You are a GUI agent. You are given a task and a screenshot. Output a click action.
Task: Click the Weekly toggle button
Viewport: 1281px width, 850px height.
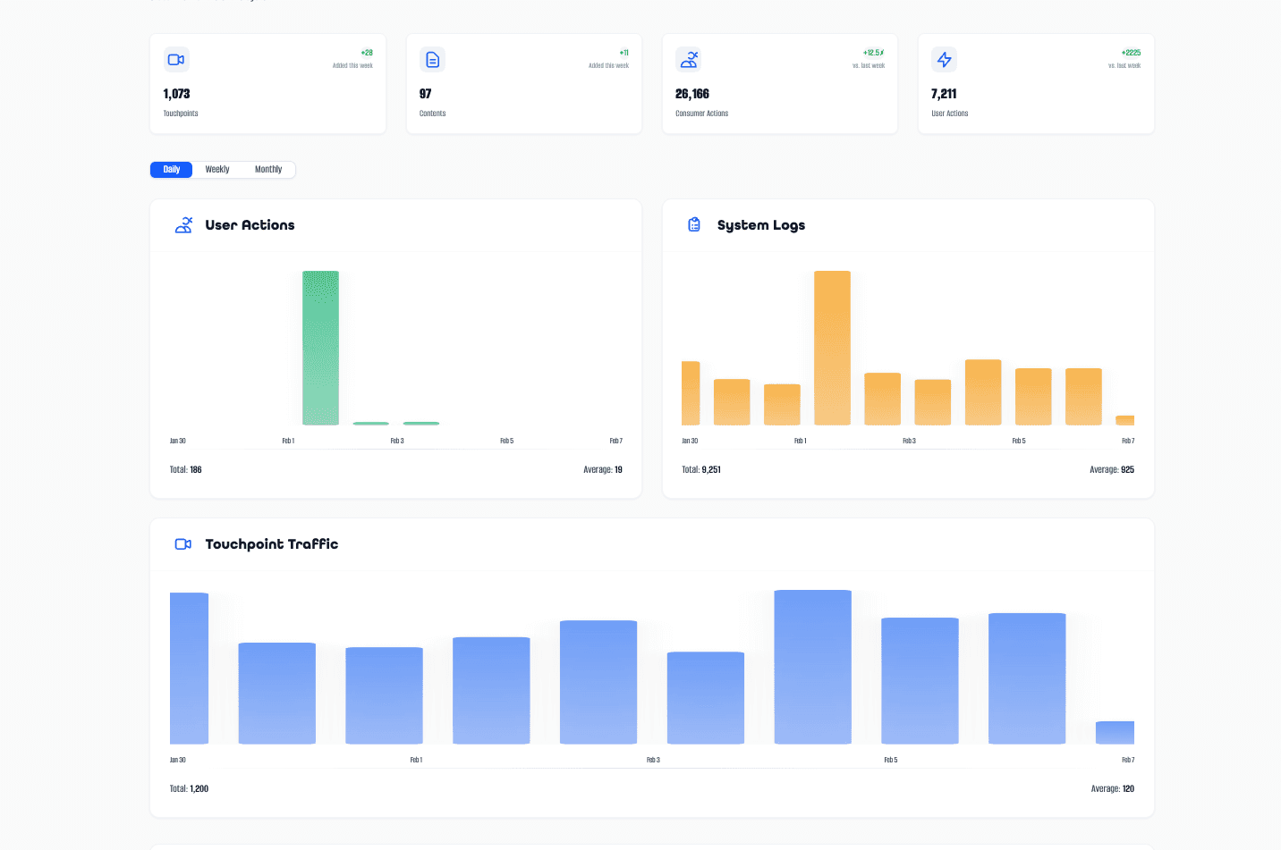217,170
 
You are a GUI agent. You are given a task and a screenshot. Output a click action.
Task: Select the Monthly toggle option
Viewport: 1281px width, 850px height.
268,170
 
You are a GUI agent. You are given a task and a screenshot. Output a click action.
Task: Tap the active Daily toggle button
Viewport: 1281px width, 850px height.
172,170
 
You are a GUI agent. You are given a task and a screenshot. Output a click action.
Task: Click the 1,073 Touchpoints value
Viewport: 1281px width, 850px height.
176,94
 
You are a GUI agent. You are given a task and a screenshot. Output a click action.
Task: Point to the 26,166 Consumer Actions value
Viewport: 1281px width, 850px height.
692,94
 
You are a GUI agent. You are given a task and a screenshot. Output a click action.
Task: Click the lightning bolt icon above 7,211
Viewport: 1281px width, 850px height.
944,60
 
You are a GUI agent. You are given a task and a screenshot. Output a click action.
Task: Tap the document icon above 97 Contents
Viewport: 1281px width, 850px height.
432,60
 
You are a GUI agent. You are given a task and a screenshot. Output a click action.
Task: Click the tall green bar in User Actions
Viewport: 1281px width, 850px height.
320,349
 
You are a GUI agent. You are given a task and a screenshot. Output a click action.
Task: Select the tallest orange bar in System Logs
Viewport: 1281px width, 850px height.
832,349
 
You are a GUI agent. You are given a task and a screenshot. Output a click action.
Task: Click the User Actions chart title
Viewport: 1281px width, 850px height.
250,225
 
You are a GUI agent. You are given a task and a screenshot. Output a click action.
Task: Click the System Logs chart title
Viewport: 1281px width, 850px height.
760,225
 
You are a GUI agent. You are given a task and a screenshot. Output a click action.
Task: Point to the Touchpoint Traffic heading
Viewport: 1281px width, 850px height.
271,544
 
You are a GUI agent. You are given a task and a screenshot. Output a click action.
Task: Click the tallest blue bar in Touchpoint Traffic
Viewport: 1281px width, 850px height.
812,667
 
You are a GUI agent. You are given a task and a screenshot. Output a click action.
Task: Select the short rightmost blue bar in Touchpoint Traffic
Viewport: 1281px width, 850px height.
1115,732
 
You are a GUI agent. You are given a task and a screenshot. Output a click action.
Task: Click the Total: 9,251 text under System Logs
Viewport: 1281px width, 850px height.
701,469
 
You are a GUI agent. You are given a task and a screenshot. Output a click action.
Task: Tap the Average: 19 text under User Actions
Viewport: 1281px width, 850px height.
602,469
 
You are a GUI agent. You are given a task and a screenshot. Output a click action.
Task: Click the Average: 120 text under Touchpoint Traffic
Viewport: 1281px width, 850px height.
1112,788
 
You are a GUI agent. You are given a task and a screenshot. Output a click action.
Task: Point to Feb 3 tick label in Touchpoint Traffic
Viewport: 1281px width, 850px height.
653,760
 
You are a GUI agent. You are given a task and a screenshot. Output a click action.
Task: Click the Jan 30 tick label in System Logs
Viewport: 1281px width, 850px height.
690,441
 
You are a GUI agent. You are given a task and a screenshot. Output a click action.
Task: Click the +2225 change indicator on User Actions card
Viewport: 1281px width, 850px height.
1131,53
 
